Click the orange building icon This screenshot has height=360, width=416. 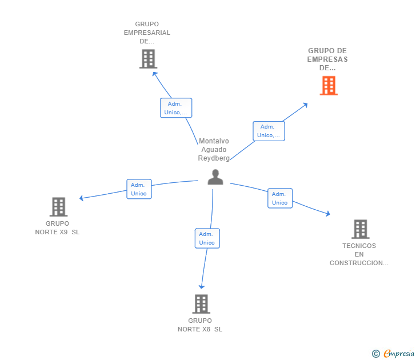click(x=329, y=86)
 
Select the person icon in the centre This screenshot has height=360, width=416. click(x=215, y=177)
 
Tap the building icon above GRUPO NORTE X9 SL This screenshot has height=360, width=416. click(x=58, y=207)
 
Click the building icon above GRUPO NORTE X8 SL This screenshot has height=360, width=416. click(x=201, y=304)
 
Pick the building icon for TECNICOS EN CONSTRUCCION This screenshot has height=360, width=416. click(x=360, y=229)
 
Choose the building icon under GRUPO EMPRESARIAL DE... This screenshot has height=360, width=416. click(x=147, y=59)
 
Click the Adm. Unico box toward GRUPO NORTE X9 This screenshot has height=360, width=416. click(x=139, y=189)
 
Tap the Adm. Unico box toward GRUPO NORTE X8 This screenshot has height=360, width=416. click(x=207, y=238)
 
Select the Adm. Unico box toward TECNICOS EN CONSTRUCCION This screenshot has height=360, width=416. click(x=280, y=198)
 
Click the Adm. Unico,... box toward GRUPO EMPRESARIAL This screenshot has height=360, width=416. click(x=176, y=108)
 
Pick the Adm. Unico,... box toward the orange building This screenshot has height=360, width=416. click(x=269, y=131)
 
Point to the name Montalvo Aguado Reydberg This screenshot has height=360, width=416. click(x=214, y=150)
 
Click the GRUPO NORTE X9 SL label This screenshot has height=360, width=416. click(x=57, y=228)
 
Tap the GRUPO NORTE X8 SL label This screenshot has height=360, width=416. click(x=200, y=325)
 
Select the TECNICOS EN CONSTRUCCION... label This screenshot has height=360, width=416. click(x=359, y=254)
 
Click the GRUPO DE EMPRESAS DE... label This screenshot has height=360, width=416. click(x=327, y=59)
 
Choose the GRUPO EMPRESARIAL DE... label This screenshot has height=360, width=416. click(x=147, y=33)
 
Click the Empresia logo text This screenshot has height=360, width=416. click(x=399, y=354)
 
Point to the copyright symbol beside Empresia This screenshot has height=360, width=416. click(x=375, y=354)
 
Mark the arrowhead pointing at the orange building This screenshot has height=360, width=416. click(x=306, y=105)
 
